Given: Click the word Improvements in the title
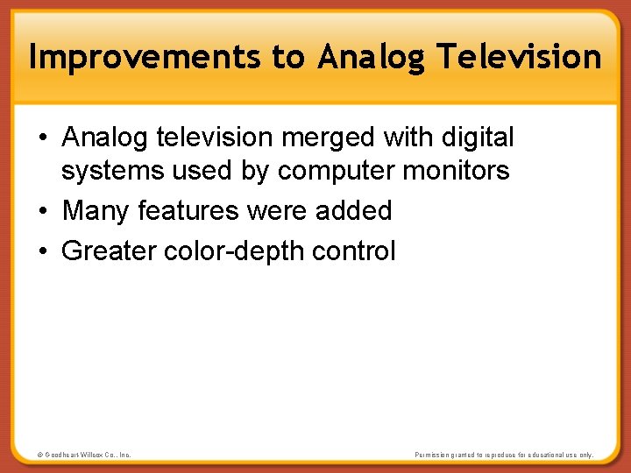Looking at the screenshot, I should [x=145, y=57].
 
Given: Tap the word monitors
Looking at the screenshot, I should [x=457, y=171].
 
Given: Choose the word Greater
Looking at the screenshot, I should [x=110, y=251].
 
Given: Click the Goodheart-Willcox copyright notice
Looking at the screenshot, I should [x=84, y=455].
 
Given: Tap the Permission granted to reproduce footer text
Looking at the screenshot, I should [x=503, y=455].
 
